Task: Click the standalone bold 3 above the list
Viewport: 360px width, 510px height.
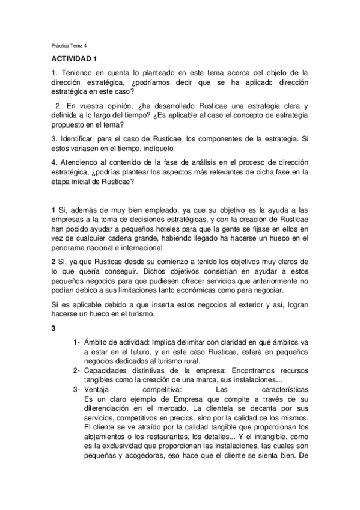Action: [53, 328]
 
